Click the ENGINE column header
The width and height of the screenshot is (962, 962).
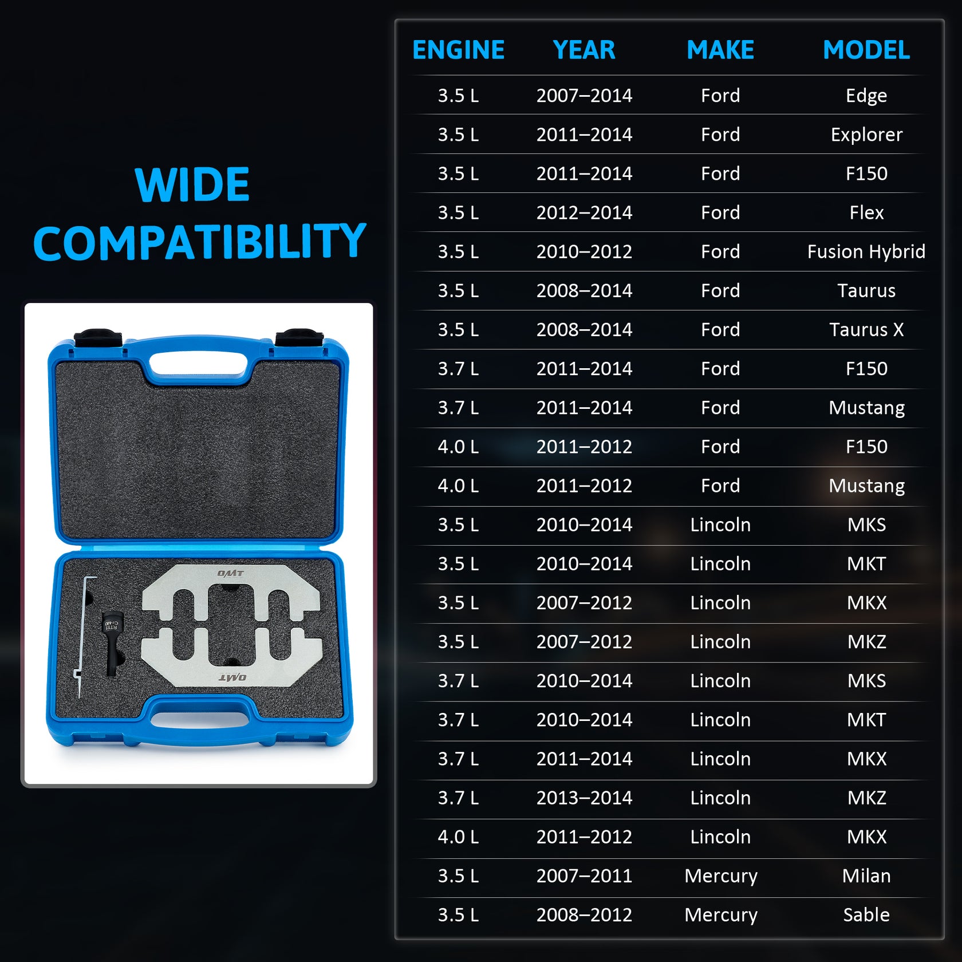(x=458, y=50)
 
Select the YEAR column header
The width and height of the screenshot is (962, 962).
(x=584, y=50)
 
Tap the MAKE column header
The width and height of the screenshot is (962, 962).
(x=720, y=50)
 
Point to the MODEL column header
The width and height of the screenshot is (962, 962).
(x=866, y=50)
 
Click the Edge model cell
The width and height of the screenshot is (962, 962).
(x=866, y=96)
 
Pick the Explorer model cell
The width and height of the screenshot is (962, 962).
(x=866, y=135)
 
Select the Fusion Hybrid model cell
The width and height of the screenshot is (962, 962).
(x=866, y=251)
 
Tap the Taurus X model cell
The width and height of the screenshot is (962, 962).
(x=866, y=330)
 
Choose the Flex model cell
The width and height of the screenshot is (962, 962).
(x=866, y=212)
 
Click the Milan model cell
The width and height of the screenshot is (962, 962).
(x=866, y=876)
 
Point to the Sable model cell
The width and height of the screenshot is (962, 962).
(x=866, y=914)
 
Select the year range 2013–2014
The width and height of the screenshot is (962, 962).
(x=584, y=798)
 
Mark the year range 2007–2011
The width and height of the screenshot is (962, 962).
(x=584, y=876)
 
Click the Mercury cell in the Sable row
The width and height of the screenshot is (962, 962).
(x=720, y=914)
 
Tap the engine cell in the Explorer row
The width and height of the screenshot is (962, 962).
(x=458, y=135)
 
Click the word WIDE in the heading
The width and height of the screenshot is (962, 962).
(x=192, y=185)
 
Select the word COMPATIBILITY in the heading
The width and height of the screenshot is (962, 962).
(x=199, y=242)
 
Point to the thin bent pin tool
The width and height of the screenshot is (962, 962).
(x=84, y=636)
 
